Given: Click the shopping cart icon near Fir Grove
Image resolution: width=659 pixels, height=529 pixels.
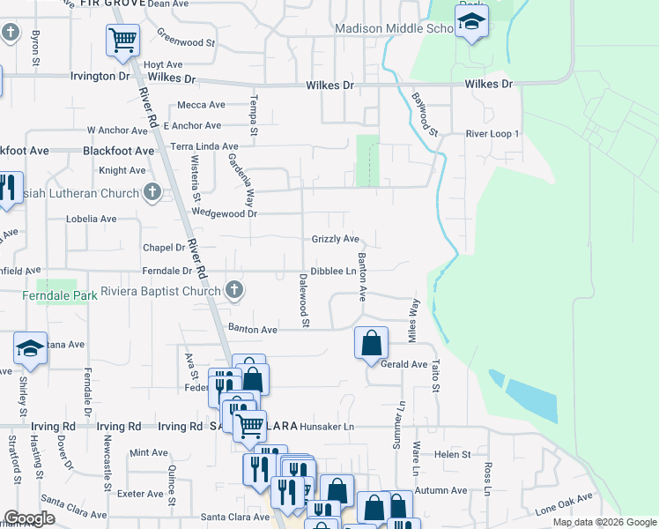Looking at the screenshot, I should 122,40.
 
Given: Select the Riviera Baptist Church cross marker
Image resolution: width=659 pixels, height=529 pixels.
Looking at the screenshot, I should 234,289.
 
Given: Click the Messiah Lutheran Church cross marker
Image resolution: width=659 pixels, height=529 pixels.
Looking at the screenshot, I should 152,192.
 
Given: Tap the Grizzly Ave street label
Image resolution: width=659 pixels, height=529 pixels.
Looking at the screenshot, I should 335,239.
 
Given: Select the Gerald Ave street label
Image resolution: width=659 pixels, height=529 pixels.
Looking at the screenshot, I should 404,364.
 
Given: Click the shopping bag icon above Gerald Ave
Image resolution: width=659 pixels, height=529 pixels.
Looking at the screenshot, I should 371,343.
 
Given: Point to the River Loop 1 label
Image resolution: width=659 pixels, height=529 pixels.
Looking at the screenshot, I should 492,134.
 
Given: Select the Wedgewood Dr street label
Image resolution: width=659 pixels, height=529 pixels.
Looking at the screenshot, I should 224,213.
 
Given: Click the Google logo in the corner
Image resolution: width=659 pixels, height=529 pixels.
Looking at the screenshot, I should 28,518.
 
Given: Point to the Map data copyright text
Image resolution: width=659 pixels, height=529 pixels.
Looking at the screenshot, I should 604,522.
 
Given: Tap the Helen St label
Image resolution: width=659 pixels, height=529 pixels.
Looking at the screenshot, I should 453,454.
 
